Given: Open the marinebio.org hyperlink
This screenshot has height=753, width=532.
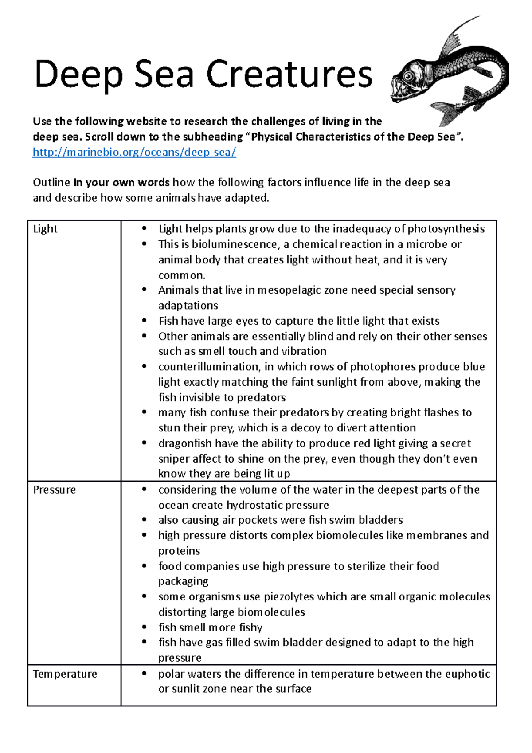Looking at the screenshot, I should [134, 152].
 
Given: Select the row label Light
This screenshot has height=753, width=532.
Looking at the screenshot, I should [45, 229].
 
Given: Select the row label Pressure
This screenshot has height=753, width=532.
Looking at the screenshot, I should [55, 490].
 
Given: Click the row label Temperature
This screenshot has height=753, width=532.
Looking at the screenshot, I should [65, 674].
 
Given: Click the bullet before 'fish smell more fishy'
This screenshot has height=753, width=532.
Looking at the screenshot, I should [144, 627].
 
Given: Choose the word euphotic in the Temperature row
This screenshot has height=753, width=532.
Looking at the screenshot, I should [467, 674].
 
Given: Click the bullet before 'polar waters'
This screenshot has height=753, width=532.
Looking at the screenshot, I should [144, 674].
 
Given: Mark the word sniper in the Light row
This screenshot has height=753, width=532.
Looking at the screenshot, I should [174, 459].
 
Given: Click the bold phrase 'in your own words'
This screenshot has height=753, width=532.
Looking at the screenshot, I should [121, 183].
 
